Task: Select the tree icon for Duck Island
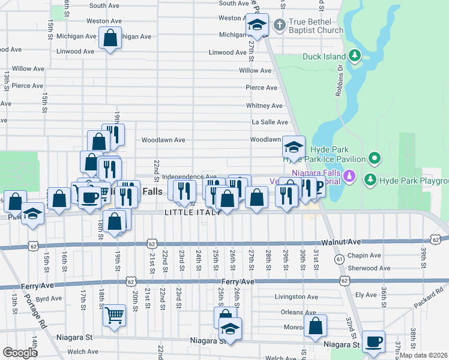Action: point(355,56)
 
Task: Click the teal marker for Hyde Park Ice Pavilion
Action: point(375,158)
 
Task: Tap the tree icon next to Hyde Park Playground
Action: point(370,179)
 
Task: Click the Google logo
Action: point(20,353)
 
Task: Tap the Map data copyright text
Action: point(424,355)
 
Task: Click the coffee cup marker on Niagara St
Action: point(374,341)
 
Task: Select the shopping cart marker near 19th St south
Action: point(114,314)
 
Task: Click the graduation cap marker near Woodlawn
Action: point(294,146)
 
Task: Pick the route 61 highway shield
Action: point(340,259)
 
